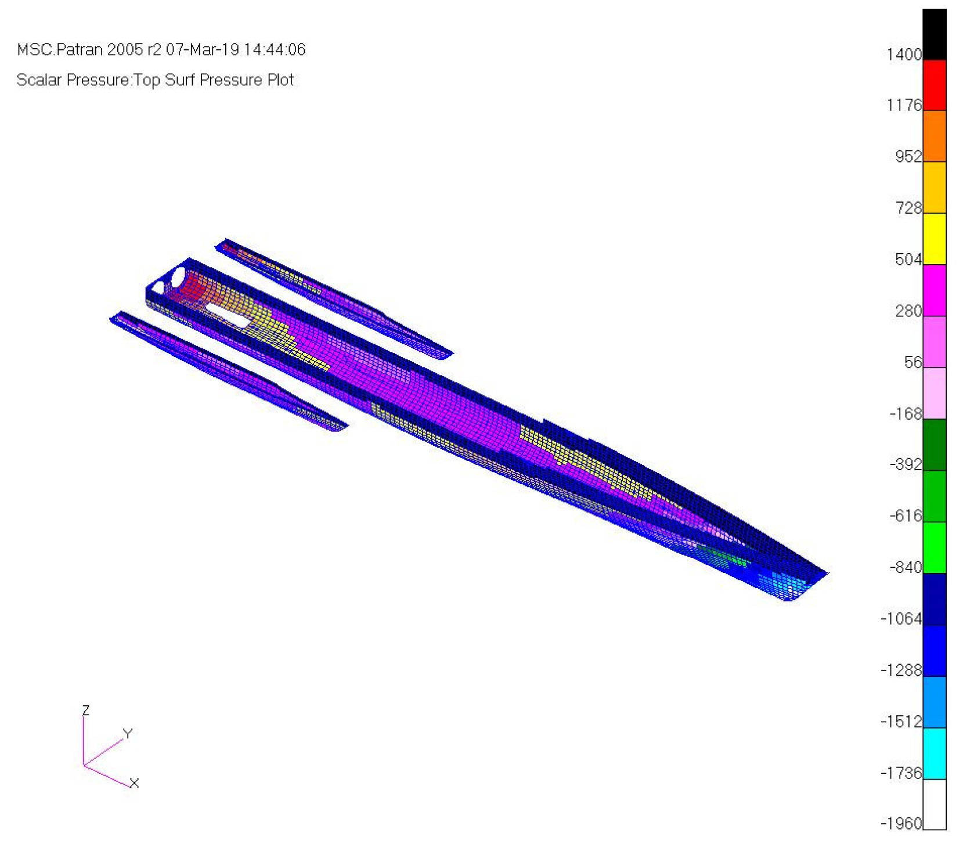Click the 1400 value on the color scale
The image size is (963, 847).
click(x=903, y=55)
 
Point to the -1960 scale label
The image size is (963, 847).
click(x=901, y=823)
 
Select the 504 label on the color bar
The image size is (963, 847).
click(x=908, y=259)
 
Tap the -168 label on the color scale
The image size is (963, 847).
click(x=906, y=414)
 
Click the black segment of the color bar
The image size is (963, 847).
click(x=934, y=34)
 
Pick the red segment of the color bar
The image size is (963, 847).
click(x=934, y=85)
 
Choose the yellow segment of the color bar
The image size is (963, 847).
click(x=934, y=239)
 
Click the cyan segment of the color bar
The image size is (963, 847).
click(x=934, y=753)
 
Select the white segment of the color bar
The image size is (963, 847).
click(x=934, y=804)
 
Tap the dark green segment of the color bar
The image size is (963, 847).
click(x=934, y=445)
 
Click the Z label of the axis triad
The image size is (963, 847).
click(x=86, y=710)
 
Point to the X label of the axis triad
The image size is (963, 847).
click(x=134, y=783)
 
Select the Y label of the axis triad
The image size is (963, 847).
click(x=128, y=733)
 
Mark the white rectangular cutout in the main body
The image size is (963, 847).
click(x=228, y=314)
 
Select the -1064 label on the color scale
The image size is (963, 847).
click(x=901, y=619)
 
